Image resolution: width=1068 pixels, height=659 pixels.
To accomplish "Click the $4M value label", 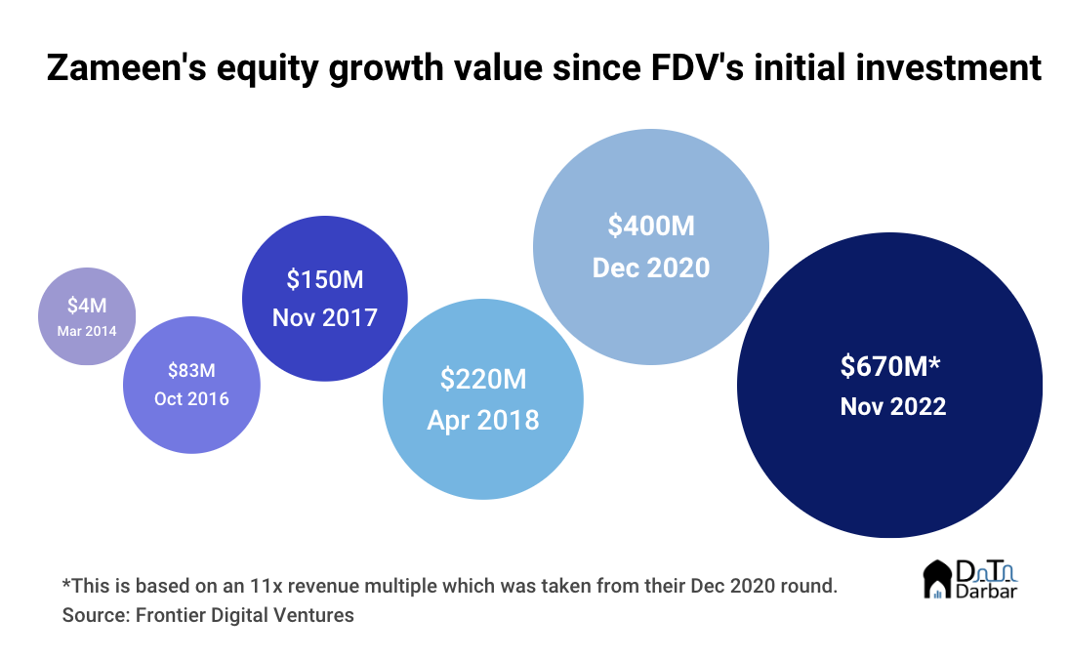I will (x=87, y=306).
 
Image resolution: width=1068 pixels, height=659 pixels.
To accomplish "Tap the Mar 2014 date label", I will (x=87, y=330).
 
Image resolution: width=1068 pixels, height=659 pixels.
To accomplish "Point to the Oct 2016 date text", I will (x=191, y=398).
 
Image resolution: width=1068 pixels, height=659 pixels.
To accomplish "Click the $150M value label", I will (x=325, y=279).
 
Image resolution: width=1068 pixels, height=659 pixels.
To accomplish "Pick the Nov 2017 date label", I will (x=325, y=317).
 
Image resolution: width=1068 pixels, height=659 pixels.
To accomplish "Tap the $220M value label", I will (x=483, y=378).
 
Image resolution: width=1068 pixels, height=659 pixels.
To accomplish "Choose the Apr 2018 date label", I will (x=483, y=420).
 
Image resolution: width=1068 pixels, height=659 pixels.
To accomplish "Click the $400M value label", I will (x=651, y=226).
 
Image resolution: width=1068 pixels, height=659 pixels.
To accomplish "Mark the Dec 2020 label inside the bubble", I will (x=651, y=267).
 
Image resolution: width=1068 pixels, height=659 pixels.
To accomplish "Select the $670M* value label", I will (x=890, y=366).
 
